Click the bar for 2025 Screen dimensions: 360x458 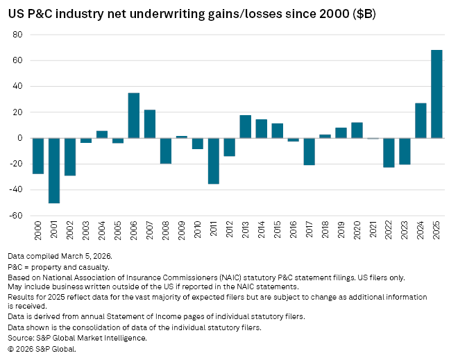[x=436, y=94]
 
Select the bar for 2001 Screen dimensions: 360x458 [x=53, y=171]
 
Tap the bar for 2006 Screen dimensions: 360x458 [x=134, y=115]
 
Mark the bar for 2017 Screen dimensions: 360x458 [x=309, y=151]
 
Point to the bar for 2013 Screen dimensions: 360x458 [x=245, y=126]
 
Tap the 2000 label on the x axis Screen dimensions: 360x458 [x=37, y=231]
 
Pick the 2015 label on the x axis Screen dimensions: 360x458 [x=277, y=231]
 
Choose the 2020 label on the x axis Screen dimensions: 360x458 [x=357, y=231]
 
